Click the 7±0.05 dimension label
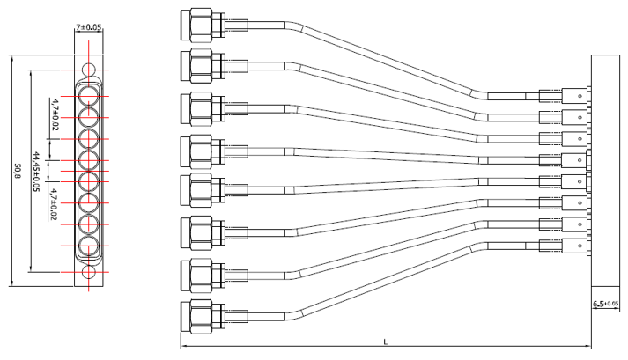(x=89, y=28)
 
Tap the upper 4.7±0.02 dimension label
(x=55, y=115)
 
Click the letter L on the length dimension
(x=386, y=341)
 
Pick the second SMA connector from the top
(x=199, y=63)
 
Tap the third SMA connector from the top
(x=199, y=107)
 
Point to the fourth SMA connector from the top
(x=199, y=150)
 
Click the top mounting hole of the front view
(x=88, y=70)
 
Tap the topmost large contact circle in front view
(x=88, y=92)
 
